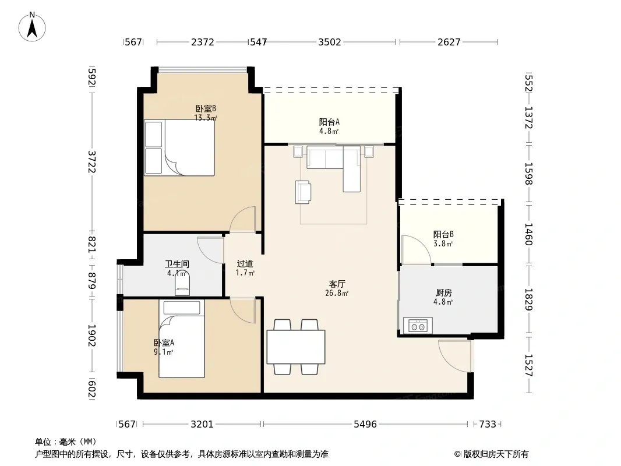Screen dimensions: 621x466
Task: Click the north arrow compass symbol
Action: tap(32, 27)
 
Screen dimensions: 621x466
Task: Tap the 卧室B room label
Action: tap(206, 108)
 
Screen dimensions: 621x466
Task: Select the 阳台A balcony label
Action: tap(329, 122)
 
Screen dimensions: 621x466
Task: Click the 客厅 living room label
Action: tap(337, 284)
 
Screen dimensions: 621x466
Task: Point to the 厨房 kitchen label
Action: tap(443, 292)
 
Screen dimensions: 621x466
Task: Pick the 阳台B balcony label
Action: tap(443, 234)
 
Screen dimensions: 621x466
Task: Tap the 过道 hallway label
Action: tap(245, 264)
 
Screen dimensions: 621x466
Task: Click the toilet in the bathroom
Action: tap(182, 283)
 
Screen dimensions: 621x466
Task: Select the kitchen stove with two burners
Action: tap(418, 326)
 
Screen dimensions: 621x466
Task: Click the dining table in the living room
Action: tap(296, 347)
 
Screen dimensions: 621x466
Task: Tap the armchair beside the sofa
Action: tap(303, 192)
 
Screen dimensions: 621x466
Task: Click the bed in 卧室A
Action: tap(182, 338)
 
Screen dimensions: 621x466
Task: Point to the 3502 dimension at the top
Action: tap(330, 42)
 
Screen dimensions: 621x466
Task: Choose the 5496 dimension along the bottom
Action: tap(365, 425)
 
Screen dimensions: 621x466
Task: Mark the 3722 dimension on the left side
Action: tap(91, 162)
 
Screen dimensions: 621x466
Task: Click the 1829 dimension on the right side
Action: tap(529, 299)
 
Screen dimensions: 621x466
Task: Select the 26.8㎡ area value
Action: tap(337, 294)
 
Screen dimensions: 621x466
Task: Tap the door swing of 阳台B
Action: tap(416, 249)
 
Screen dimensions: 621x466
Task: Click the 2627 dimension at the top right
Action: tap(449, 42)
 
